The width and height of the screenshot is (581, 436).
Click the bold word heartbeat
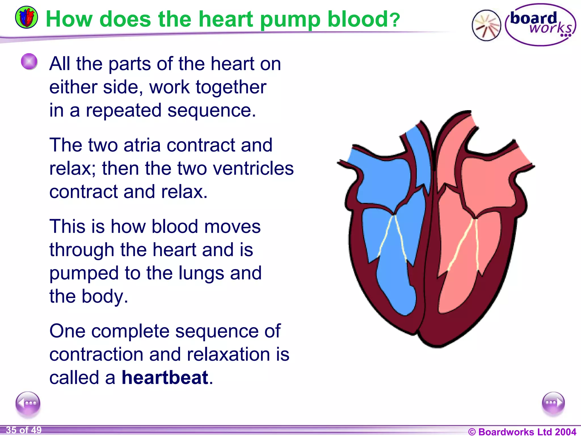point(165,378)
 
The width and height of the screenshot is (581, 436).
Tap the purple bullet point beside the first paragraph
point(29,61)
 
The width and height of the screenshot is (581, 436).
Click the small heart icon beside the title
point(26,17)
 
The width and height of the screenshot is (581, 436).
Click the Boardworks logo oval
point(540,25)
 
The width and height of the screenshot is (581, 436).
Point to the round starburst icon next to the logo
point(486,25)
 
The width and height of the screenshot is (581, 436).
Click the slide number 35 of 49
point(24,430)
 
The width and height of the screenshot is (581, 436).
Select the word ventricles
point(253,168)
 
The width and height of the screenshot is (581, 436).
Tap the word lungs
point(201,273)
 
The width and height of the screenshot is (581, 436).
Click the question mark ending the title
point(395,20)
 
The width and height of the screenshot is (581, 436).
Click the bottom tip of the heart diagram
point(437,345)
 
